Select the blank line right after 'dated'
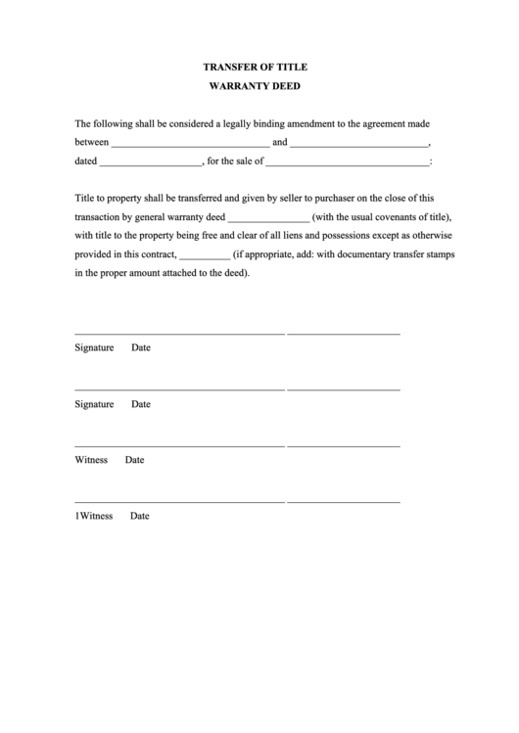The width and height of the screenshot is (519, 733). click(x=150, y=162)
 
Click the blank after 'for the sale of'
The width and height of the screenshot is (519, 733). click(x=348, y=162)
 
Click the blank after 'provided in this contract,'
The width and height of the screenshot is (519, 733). click(x=205, y=255)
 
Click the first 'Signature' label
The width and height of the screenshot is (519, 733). click(x=95, y=348)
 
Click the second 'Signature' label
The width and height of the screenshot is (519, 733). click(x=95, y=404)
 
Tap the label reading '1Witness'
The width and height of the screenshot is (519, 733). click(x=95, y=516)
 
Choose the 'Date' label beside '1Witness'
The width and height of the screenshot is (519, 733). click(x=140, y=516)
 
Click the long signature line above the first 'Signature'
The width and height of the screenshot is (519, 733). click(x=179, y=335)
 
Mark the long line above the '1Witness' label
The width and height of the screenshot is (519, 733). click(x=179, y=502)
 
